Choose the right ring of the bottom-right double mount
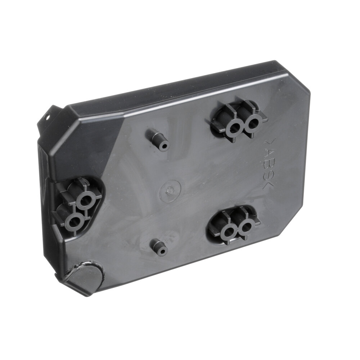(246, 227)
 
